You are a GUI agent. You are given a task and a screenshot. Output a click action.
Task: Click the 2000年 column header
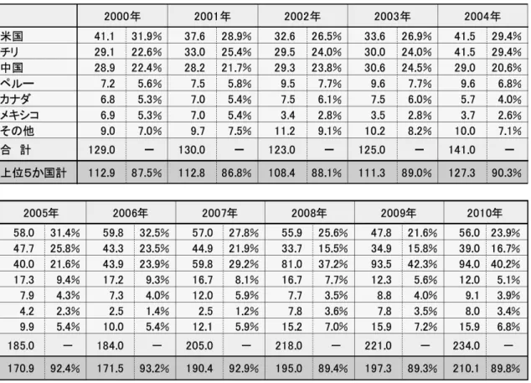pos(122,16)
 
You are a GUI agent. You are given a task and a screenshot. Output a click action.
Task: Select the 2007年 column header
pos(219,213)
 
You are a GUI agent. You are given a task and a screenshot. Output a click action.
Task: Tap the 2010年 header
pos(485,213)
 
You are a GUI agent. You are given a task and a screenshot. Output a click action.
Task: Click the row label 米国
pos(12,36)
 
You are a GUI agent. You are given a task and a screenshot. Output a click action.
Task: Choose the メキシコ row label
pos(19,116)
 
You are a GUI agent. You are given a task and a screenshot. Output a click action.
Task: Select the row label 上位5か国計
pos(34,173)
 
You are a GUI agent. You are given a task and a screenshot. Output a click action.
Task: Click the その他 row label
pos(18,131)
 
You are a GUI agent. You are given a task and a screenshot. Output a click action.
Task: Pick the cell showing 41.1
pos(105,36)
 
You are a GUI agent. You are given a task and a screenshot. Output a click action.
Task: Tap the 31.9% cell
pos(147,36)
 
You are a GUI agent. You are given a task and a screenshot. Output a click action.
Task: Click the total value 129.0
pos(101,150)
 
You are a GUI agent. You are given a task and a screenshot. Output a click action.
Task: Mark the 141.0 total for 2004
pos(462,150)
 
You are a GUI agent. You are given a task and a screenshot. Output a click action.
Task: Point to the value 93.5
pos(381,264)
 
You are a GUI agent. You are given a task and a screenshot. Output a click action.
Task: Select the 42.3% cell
pos(422,264)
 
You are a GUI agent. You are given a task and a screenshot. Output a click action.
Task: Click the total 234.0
pos(467,346)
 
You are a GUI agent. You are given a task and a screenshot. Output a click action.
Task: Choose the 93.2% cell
pos(154,369)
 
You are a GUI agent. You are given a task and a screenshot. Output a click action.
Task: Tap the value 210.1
pos(467,369)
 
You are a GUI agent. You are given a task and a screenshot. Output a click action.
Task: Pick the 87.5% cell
pos(147,173)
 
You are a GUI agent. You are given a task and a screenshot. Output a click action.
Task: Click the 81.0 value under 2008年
pos(291,264)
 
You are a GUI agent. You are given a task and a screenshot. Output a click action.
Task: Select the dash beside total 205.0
pos(246,346)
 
